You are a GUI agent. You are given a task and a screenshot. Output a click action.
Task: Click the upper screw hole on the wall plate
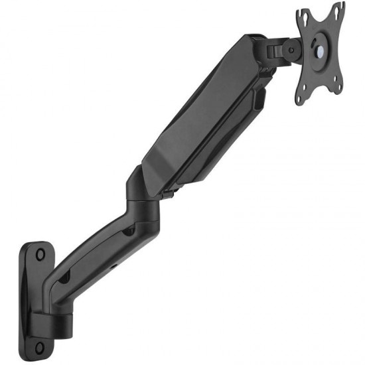[x=40, y=254]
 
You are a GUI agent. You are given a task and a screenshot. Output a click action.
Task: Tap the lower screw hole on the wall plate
[x=39, y=346]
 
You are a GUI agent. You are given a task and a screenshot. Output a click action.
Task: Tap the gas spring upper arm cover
[x=199, y=113]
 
